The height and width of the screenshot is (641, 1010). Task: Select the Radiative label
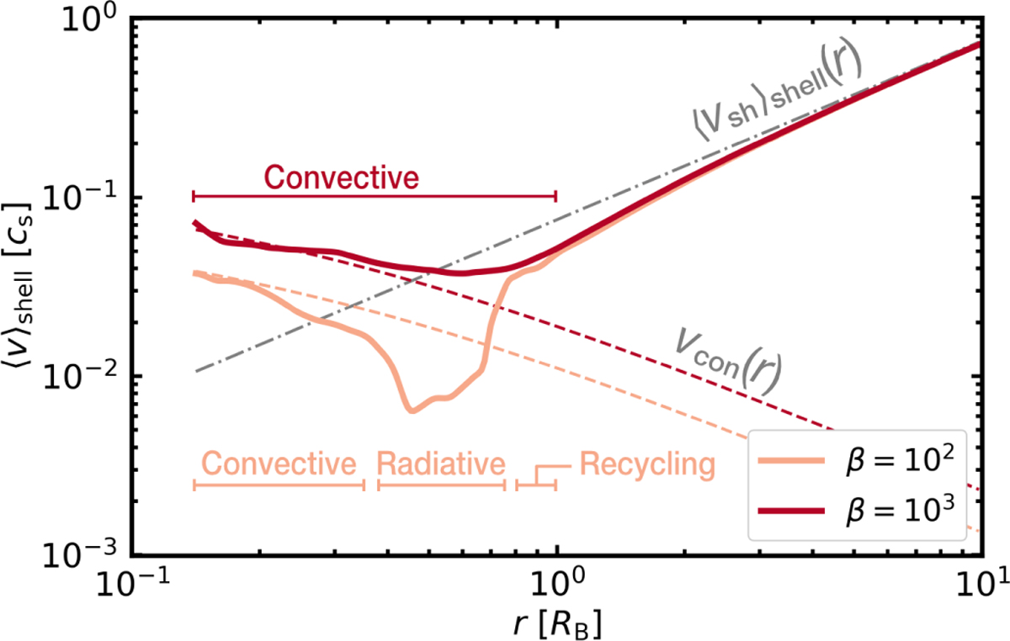pyautogui.click(x=441, y=463)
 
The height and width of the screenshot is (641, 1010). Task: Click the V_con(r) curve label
pyautogui.click(x=727, y=359)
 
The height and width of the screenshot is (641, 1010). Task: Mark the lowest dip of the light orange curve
pyautogui.click(x=410, y=411)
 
